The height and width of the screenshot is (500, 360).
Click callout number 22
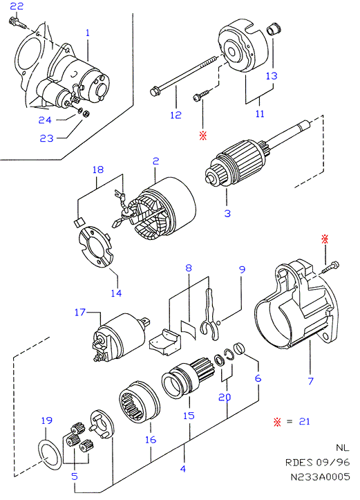pos(17,6)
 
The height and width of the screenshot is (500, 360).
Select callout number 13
pos(272,76)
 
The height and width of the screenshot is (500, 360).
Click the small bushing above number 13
pos(274,28)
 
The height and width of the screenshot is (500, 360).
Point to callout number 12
pos(176,115)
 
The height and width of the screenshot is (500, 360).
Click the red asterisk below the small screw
pos(203,136)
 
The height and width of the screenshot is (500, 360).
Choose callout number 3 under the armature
pos(227,213)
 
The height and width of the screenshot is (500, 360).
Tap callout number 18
pos(98,169)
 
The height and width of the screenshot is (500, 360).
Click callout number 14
pos(116,293)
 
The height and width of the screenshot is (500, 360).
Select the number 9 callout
pos(242,270)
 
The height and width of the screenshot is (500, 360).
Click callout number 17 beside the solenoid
pos(80,312)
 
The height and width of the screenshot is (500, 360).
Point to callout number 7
pos(311,380)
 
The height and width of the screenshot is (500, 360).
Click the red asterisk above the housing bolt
pos(325,239)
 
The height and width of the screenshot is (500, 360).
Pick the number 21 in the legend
pos(305,421)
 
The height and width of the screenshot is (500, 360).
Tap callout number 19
pos(47,420)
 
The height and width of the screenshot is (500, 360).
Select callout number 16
pos(151,440)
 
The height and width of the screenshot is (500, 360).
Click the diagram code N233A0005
pos(320,476)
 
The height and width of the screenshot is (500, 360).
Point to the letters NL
pos(343,447)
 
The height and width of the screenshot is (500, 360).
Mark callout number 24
pos(45,120)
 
